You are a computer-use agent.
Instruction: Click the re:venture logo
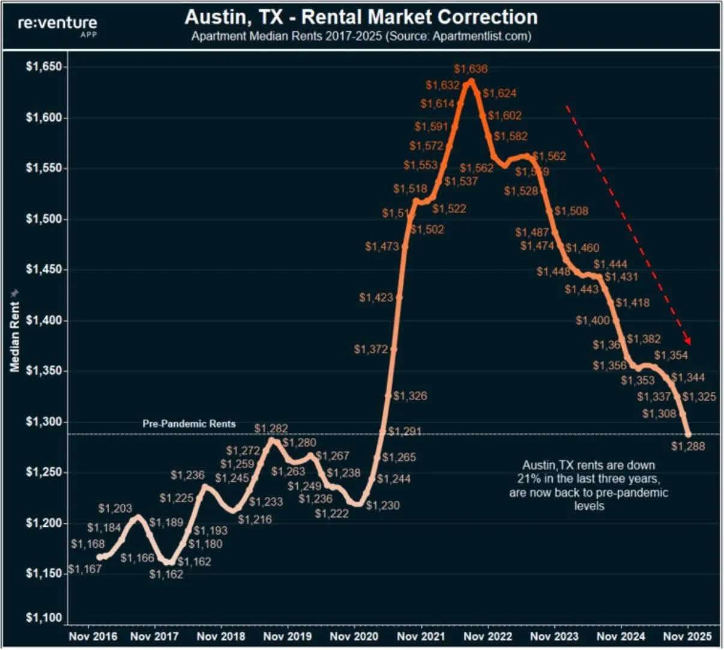click(57, 25)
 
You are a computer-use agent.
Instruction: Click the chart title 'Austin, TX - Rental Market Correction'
click(361, 16)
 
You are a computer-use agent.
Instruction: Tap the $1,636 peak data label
click(471, 69)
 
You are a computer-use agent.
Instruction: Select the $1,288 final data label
click(688, 446)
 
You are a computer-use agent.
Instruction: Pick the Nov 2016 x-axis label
click(93, 636)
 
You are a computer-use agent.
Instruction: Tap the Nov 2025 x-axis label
click(687, 636)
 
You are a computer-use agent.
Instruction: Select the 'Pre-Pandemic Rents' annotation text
click(189, 424)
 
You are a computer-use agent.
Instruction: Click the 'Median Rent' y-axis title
click(15, 336)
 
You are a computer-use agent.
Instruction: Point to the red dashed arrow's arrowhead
click(688, 341)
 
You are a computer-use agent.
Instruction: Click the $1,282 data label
click(271, 428)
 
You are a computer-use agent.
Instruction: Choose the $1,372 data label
click(371, 349)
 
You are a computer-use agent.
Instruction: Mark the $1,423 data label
click(376, 297)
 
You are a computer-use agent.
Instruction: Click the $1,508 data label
click(571, 211)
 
